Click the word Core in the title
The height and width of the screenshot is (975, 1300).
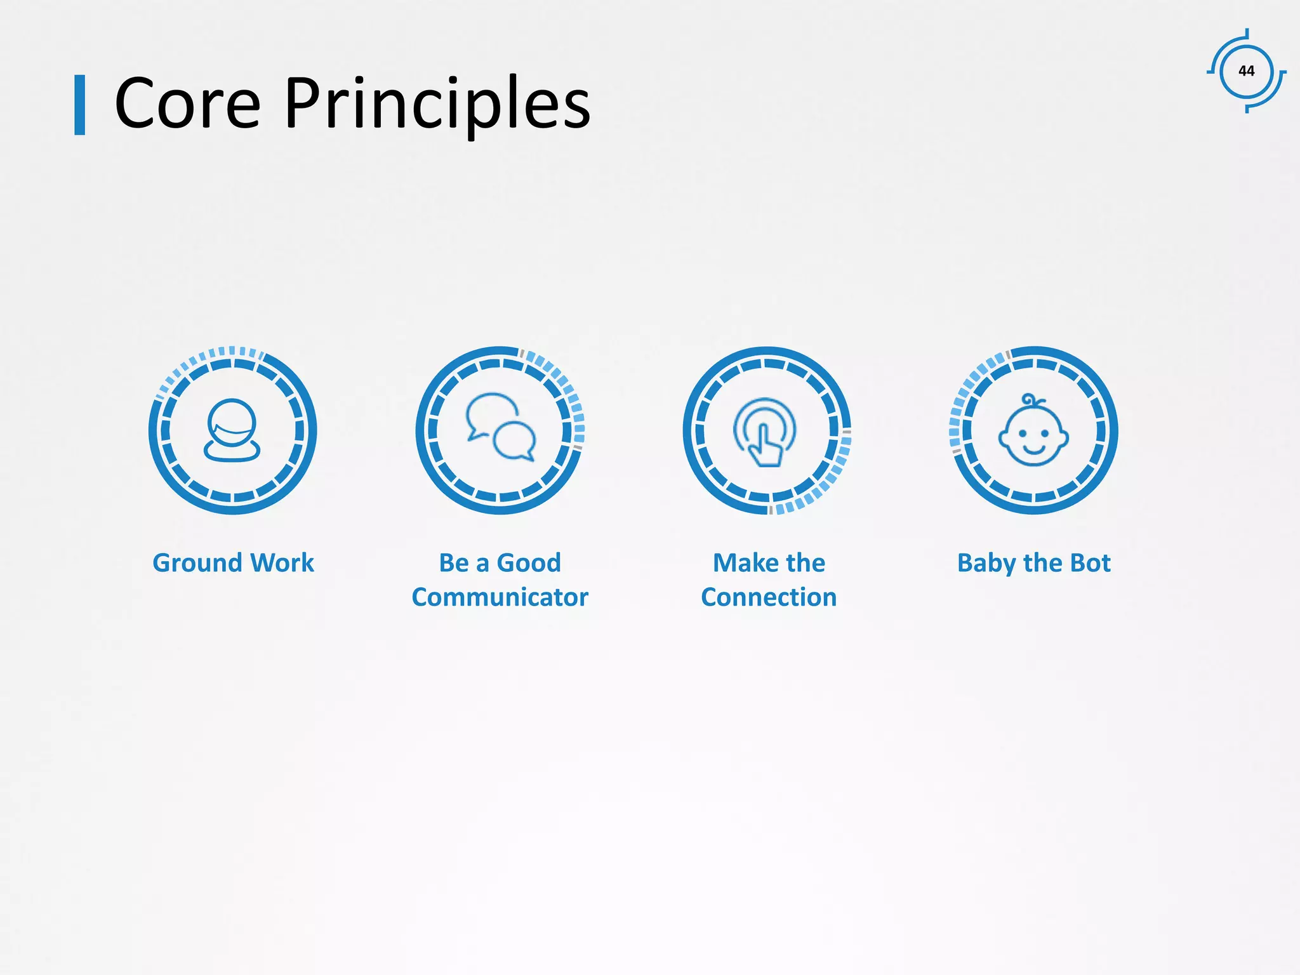pos(187,103)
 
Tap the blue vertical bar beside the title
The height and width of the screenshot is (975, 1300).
pos(80,105)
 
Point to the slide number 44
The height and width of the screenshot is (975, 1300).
pos(1246,71)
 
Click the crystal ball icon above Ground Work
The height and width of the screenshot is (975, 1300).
pos(232,430)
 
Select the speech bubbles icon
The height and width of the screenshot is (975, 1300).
pos(501,427)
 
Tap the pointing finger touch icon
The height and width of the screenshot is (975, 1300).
pos(765,432)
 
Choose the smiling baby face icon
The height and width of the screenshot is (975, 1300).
pos(1033,432)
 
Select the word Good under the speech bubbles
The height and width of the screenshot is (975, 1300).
pos(529,563)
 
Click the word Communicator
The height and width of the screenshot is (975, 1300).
pos(500,597)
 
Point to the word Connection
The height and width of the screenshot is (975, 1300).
pos(769,597)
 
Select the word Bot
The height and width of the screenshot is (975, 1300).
pos(1089,563)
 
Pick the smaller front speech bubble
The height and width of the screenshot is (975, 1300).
pos(515,441)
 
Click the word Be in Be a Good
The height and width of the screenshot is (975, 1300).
pos(454,563)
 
